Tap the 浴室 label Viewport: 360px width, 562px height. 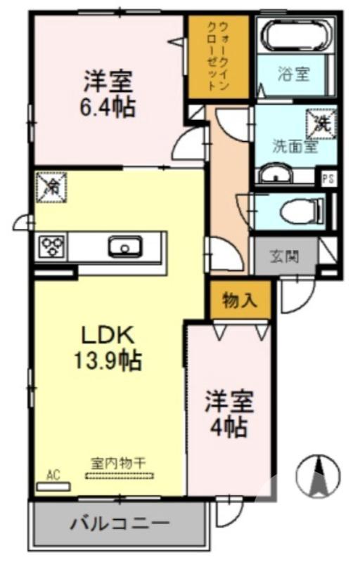tap(294, 74)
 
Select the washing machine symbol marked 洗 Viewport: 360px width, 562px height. tap(319, 124)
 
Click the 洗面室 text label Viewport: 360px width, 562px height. tap(294, 147)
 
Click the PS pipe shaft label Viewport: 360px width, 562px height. tap(328, 178)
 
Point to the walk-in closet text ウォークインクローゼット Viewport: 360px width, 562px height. tap(218, 55)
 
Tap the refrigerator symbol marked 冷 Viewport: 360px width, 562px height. tap(51, 187)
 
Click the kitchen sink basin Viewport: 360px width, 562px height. tap(125, 247)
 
